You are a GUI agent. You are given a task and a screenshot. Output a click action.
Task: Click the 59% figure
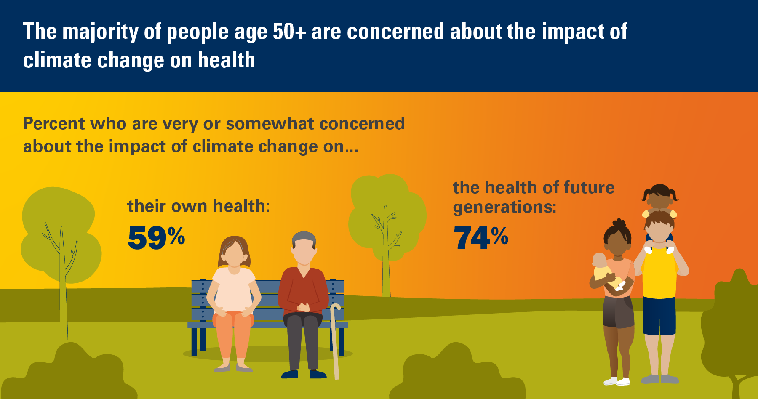coord(156,237)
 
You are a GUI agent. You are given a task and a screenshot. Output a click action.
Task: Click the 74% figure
coord(481,237)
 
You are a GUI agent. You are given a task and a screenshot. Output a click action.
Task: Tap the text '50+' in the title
coord(289,32)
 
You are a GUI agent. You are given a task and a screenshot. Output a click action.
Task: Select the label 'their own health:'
coord(198,206)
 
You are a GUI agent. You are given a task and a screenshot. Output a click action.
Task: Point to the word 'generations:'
coord(504,207)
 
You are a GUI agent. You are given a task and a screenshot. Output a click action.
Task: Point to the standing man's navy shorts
coord(659,316)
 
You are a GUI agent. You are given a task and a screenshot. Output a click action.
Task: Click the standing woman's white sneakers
coord(617,381)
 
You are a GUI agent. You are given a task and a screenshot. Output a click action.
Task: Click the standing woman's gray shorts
coord(618,311)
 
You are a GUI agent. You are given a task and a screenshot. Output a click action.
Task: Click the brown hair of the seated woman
coord(234,250)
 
